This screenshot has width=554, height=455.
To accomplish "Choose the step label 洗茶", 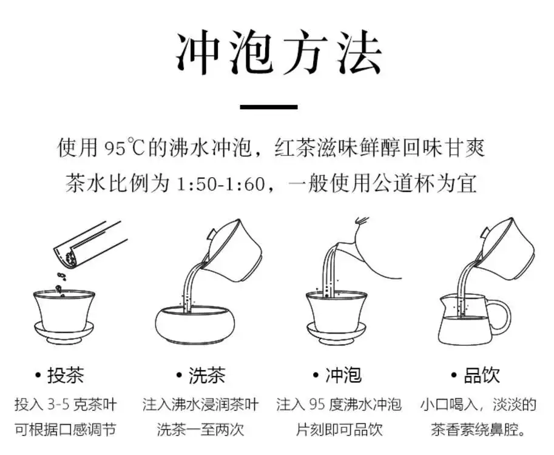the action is click(x=206, y=376).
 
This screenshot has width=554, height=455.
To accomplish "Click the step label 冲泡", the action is click(x=343, y=376).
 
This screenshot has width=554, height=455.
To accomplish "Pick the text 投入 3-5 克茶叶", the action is click(x=65, y=405).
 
